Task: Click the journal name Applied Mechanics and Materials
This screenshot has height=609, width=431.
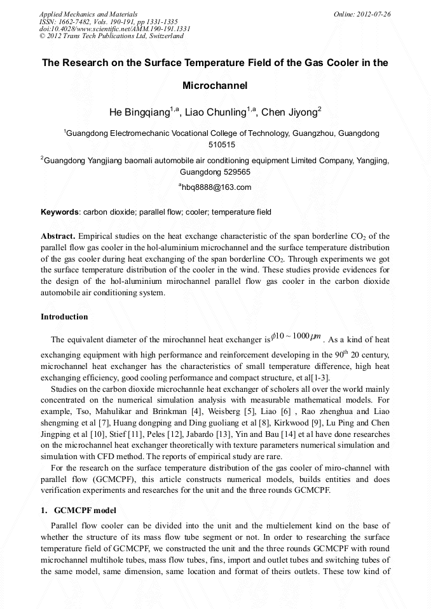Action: pyautogui.click(x=88, y=13)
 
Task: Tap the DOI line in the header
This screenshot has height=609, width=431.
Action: pyautogui.click(x=114, y=29)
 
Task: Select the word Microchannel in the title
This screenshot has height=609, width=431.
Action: pyautogui.click(x=215, y=85)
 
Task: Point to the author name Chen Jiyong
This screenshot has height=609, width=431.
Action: pyautogui.click(x=291, y=112)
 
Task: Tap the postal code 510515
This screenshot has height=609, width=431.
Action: pyautogui.click(x=215, y=145)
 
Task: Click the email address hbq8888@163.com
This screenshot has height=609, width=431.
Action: pyautogui.click(x=216, y=187)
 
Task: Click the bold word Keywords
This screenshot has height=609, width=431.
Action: pyautogui.click(x=60, y=211)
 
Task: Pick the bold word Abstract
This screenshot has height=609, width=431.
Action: pyautogui.click(x=58, y=236)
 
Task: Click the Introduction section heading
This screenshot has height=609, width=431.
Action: pyautogui.click(x=64, y=316)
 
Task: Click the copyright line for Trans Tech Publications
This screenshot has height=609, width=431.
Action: pyautogui.click(x=112, y=36)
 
